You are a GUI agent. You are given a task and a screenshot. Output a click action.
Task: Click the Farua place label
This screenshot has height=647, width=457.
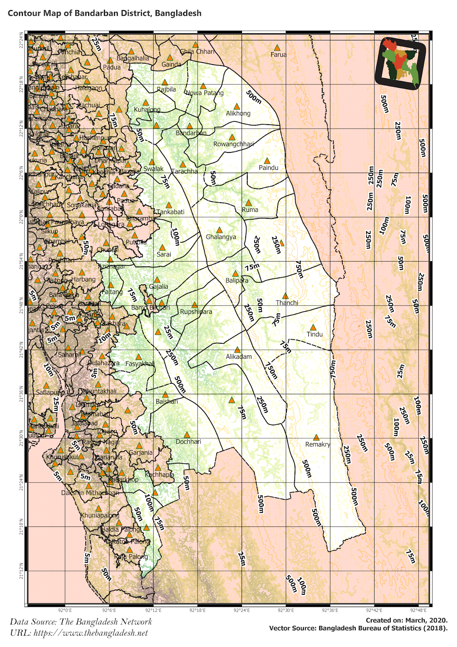pos(278,55)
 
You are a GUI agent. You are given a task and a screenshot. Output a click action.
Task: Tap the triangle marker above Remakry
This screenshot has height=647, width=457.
pos(316,437)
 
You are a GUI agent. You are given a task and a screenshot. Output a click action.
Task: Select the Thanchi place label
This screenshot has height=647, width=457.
pos(287,303)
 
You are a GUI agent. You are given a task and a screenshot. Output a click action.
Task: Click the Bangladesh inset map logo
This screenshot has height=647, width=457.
pos(400,61)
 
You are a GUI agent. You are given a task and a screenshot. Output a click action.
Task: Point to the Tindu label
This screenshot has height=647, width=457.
pos(314,334)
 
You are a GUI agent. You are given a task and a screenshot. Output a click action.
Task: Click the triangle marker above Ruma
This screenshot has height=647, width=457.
pos(249,203)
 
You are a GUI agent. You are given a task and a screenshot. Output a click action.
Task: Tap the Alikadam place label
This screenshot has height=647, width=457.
pos(239,357)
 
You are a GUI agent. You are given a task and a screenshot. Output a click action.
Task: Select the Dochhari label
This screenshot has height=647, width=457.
pos(188,442)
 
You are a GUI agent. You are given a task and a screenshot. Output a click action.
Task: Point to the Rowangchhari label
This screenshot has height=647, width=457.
pos(234,144)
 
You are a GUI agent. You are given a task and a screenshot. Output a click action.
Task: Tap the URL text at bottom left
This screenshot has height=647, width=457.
pos(79,633)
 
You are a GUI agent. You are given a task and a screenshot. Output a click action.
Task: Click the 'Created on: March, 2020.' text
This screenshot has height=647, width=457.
pos(406,620)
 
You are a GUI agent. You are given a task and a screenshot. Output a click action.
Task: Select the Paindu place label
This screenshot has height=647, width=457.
pos(268,168)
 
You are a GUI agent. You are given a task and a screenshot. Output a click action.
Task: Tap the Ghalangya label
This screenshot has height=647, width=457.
pos(221,237)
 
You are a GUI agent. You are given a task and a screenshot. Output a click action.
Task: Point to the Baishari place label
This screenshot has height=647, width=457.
pos(167,402)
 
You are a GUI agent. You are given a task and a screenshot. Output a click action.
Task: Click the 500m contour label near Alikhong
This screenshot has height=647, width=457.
pos(254,97)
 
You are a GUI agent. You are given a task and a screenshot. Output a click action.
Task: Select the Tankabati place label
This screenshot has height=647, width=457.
pos(171,212)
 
